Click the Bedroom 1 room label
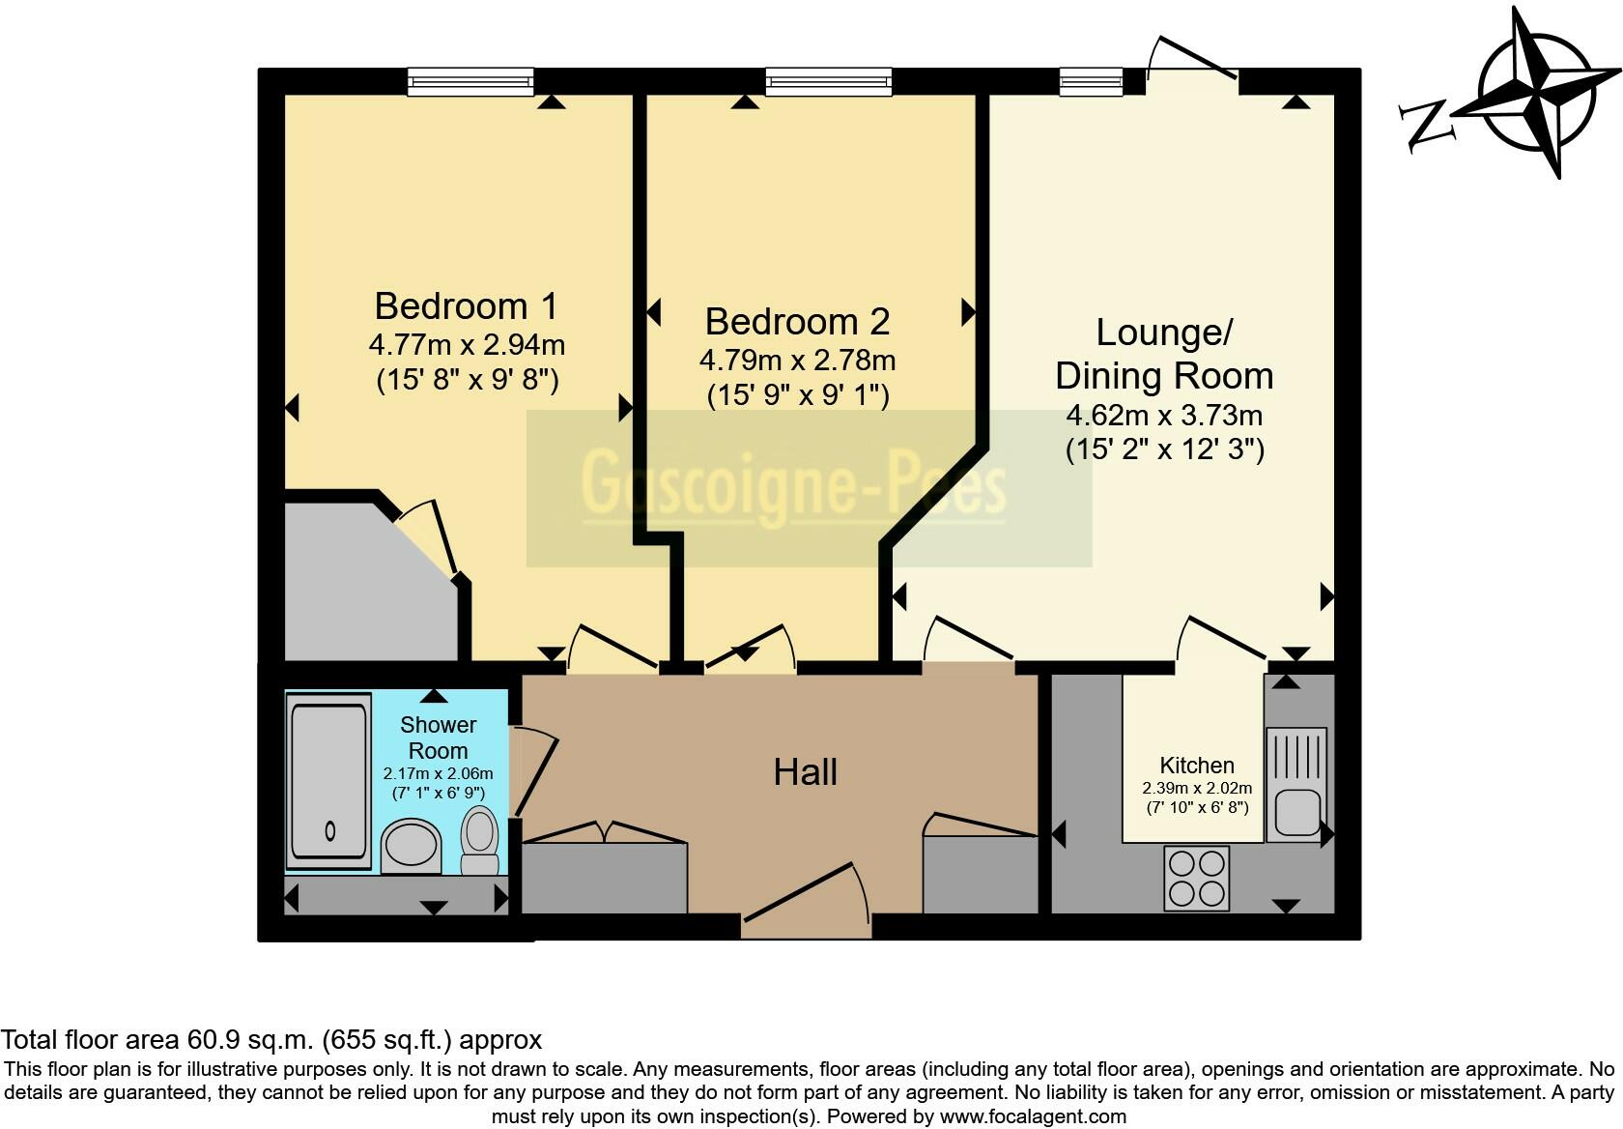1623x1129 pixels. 466,306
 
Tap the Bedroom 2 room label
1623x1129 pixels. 797,322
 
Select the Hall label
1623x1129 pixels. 805,772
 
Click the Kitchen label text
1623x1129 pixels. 1197,766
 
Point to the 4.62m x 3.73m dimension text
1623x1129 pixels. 1164,416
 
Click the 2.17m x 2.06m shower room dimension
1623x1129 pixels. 438,773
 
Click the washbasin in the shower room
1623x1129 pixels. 412,846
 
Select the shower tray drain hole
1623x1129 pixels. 331,829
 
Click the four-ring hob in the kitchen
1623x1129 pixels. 1197,878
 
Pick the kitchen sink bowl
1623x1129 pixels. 1296,812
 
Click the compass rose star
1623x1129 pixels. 1537,94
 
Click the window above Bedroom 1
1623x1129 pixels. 470,82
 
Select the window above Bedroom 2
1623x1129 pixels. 828,82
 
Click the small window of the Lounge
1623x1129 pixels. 1092,82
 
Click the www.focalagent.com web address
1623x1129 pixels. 1033,1116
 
